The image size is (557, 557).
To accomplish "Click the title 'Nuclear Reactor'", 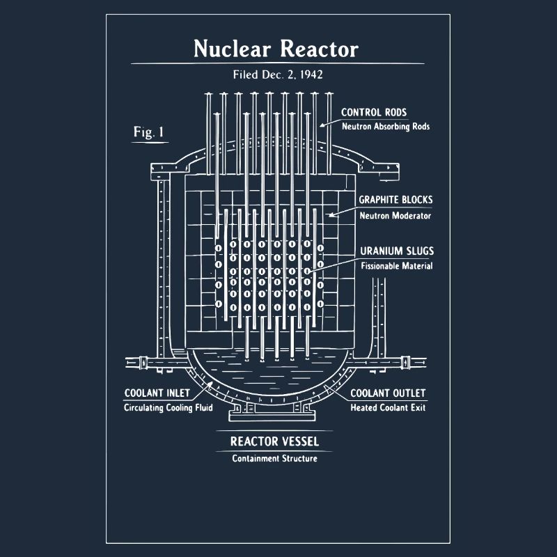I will [276, 49].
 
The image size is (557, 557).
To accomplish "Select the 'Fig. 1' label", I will [149, 132].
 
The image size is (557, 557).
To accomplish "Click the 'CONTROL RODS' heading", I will [374, 112].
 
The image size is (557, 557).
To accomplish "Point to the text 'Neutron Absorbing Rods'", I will [386, 127].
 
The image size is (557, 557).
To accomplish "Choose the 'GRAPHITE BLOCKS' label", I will [395, 200].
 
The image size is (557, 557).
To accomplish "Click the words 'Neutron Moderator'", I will [395, 215].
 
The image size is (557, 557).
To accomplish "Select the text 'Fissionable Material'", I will [397, 266].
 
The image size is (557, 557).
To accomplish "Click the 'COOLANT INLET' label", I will [157, 393].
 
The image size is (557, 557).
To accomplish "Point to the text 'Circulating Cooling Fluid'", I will [168, 408].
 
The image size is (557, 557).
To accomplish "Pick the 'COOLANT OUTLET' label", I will [388, 393].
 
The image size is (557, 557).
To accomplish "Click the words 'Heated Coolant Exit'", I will [388, 408].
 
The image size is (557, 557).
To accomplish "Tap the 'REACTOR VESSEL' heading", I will [274, 441].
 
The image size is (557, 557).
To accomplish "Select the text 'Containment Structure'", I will [274, 458].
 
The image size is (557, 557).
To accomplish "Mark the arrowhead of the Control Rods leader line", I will [321, 126].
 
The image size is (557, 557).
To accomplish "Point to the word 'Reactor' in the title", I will [319, 49].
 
